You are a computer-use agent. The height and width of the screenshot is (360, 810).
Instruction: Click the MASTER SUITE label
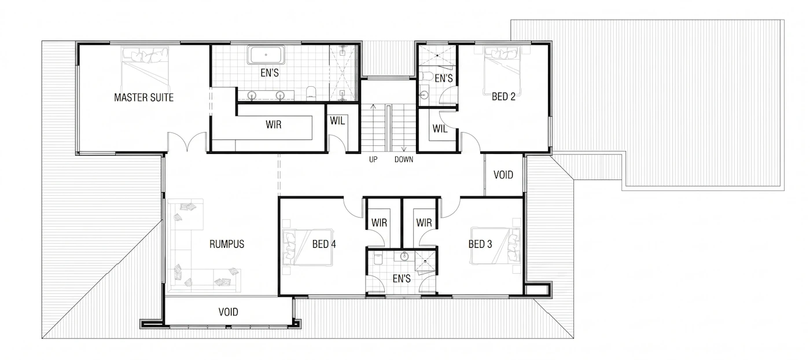144,97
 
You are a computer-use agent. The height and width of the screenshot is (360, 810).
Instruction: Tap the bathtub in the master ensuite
266,55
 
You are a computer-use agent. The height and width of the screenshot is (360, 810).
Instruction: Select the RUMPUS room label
227,244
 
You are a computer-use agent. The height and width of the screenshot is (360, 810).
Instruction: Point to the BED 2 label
503,97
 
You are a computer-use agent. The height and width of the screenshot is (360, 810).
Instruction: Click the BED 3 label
480,244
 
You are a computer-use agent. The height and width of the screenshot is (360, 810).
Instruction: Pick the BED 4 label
324,244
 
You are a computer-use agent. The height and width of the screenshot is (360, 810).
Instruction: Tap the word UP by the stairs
373,159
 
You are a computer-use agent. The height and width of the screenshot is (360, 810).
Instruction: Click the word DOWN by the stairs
404,159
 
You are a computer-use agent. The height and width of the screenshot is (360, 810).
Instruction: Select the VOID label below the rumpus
228,312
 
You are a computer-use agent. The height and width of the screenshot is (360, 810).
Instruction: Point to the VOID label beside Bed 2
503,175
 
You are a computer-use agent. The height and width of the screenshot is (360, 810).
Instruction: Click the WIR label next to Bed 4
380,223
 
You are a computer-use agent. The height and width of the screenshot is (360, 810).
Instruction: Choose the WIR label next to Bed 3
424,223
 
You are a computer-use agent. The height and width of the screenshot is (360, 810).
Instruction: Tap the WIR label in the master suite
273,125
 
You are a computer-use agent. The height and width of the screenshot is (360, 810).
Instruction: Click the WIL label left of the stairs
337,121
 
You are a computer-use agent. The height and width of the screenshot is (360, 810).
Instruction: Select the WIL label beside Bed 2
440,128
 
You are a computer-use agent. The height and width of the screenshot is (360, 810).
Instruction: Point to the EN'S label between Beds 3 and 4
402,278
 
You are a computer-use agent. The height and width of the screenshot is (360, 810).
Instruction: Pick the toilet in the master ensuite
311,93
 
